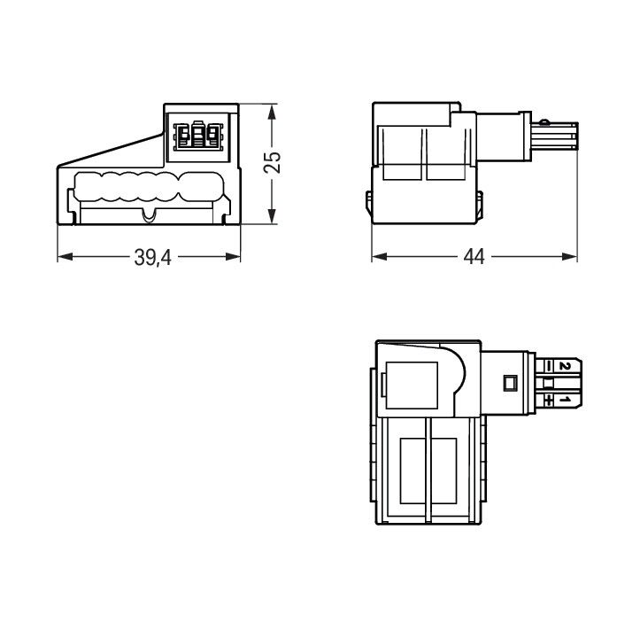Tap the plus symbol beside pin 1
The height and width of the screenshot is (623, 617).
(x=550, y=400)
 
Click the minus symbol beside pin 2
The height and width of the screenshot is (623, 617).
(x=550, y=366)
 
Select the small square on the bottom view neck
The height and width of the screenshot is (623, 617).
(x=509, y=384)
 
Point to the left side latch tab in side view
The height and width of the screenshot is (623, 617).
(x=368, y=202)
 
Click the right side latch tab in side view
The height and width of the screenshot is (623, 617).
(x=482, y=202)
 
